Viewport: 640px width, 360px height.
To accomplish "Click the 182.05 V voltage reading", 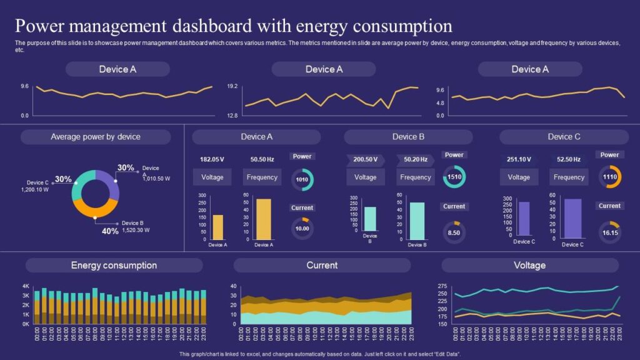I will tap(212, 159).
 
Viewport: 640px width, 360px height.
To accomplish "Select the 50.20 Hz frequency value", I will tap(416, 159).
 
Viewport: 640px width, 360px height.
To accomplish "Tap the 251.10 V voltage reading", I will tap(519, 159).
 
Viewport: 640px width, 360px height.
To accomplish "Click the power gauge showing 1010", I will tap(302, 179).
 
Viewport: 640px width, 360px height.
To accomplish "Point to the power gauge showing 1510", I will tap(454, 177).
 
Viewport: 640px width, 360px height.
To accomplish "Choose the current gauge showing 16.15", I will tap(609, 232).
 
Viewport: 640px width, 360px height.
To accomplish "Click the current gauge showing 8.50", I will tap(454, 232).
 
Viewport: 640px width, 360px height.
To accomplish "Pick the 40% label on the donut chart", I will tap(110, 231).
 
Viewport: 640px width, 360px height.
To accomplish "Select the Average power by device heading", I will tap(96, 137).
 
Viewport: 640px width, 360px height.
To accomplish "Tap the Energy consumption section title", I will tap(114, 266).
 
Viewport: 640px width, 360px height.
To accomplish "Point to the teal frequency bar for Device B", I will tap(417, 221).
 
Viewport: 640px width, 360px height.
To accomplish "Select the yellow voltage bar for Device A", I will tap(218, 227).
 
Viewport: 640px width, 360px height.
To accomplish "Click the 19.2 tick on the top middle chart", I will tap(232, 86).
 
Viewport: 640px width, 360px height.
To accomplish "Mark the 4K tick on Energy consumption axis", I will tap(26, 286).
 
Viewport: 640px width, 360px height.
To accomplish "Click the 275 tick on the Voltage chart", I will tap(442, 285).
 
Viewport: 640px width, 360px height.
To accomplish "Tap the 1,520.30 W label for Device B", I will tap(136, 230).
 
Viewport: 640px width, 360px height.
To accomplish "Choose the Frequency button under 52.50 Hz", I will tap(569, 177).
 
